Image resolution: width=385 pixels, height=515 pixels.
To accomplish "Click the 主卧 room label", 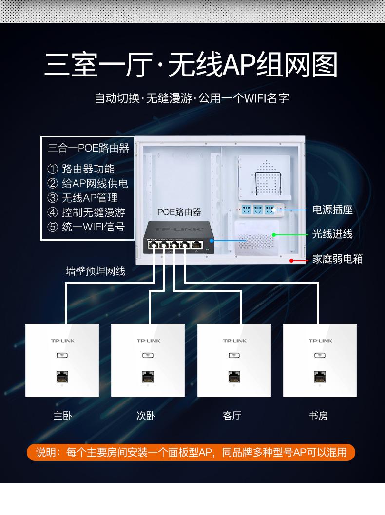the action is [x=62, y=416].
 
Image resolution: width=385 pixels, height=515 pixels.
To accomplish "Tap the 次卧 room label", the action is [x=146, y=416].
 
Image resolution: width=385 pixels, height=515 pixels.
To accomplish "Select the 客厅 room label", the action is [x=232, y=416].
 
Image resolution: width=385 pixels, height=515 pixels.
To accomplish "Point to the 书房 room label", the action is [x=318, y=416].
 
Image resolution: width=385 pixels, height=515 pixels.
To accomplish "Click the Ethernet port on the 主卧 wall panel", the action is [x=62, y=377].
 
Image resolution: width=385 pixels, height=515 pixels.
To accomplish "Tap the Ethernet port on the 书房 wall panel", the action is [x=320, y=377].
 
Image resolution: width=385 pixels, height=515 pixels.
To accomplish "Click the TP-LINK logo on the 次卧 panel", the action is [x=149, y=341].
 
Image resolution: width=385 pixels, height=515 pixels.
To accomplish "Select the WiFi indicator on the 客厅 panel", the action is [x=234, y=355].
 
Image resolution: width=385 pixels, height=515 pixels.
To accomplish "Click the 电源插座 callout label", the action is [x=332, y=210].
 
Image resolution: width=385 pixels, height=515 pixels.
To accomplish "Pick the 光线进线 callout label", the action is [x=332, y=234].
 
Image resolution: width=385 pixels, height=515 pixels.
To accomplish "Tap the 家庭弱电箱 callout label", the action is [x=337, y=259].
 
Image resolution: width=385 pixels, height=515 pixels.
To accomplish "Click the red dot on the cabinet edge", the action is [x=291, y=261].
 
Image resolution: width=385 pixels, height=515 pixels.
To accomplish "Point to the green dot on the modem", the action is [x=273, y=235].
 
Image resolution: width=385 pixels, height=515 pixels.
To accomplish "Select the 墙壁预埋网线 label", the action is [x=95, y=271].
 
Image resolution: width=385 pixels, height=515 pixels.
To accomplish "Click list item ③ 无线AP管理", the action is [x=82, y=198].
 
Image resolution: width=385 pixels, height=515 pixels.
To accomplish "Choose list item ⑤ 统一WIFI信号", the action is [x=86, y=227].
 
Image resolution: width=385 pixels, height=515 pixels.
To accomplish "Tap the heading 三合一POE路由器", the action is [x=88, y=148].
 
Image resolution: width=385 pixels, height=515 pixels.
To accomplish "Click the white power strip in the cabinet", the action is [x=261, y=210].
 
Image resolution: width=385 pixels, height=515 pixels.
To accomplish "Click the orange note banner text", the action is [x=191, y=452].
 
